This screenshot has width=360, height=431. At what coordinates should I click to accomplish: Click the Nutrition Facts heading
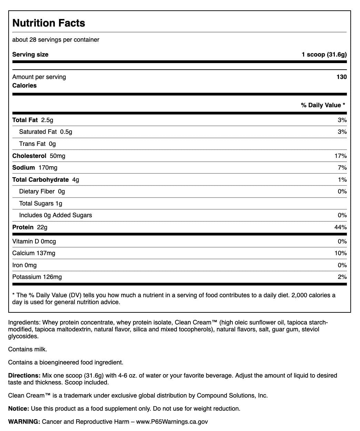49,23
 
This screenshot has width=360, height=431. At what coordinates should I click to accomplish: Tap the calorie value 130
341,77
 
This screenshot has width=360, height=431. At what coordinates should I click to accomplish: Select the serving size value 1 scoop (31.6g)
324,54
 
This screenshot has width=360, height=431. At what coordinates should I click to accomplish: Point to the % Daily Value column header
323,105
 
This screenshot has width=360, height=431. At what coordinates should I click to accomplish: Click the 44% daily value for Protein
340,227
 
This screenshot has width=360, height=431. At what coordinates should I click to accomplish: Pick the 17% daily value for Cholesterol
340,156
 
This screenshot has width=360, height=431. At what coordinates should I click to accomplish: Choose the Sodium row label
23,168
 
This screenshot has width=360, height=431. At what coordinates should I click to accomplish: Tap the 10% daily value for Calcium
340,253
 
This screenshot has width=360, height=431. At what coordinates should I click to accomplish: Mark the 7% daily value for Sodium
342,168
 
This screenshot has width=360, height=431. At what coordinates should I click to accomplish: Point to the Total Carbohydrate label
40,180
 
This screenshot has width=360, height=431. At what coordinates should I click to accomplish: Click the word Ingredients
24,323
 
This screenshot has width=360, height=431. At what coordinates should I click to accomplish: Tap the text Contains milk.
27,349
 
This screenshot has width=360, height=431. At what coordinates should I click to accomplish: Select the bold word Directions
24,375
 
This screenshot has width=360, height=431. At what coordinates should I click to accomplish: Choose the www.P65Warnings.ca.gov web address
172,422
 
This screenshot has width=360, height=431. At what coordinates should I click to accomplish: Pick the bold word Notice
19,409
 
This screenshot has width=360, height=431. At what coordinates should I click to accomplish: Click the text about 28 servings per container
56,40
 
